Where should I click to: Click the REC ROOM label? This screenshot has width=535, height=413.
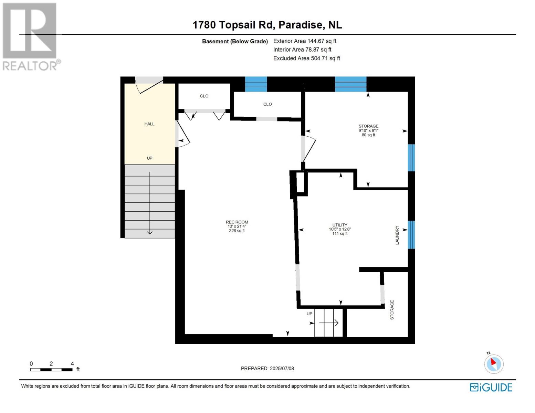237,222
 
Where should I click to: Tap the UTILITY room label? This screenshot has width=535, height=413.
340,225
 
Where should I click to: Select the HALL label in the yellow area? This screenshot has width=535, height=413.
149,124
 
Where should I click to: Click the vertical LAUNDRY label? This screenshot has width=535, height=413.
397,235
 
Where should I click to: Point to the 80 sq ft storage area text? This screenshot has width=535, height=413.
368,135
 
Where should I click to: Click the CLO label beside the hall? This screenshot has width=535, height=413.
204,96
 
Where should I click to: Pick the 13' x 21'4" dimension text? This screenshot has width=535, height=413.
237,226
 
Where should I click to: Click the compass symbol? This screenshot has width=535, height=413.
494,363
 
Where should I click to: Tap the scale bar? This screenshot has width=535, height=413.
51,370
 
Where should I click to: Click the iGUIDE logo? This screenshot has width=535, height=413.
491,387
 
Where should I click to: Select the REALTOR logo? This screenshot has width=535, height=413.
30,36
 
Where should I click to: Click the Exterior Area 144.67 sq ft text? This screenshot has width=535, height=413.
305,41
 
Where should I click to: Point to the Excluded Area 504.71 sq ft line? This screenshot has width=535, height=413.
306,59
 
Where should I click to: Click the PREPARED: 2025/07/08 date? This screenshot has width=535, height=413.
267,368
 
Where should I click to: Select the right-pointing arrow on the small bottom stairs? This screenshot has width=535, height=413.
329,323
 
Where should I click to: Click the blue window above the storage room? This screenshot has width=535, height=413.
350,84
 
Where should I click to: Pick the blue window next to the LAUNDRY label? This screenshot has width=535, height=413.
411,234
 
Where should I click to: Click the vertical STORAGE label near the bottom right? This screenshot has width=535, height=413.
392,310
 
